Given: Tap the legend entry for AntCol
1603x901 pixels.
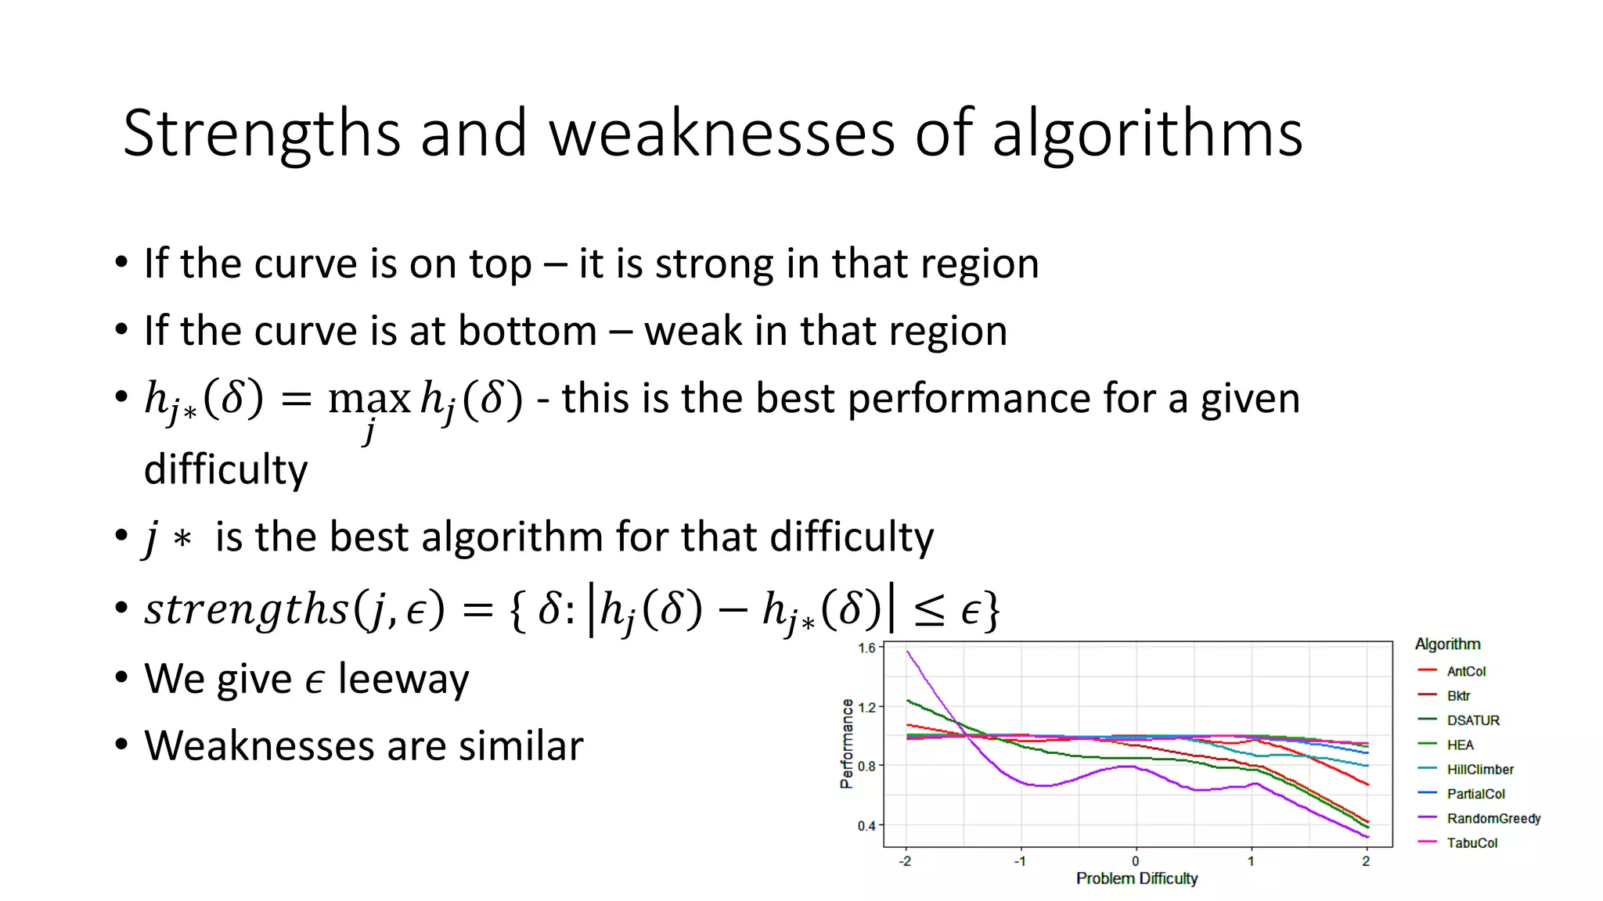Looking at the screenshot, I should click(x=1465, y=671).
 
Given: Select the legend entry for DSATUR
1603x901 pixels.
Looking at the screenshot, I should click(x=1472, y=720).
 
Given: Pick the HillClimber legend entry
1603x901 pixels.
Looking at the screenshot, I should click(x=1479, y=770).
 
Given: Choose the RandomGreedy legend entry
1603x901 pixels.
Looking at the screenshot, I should click(x=1493, y=819).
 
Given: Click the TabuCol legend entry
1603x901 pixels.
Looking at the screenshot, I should click(x=1472, y=843).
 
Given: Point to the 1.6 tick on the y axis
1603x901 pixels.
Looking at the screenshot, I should click(x=866, y=648).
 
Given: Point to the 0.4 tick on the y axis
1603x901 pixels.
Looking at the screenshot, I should click(x=866, y=826).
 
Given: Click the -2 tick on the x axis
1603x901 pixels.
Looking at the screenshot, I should click(x=906, y=862).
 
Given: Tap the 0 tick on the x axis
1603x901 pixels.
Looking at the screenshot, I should click(x=1136, y=862).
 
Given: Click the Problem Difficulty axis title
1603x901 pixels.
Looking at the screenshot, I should click(x=1137, y=879).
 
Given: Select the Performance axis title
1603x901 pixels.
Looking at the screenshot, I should click(x=846, y=744).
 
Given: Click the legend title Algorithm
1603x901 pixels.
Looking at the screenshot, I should click(x=1447, y=644).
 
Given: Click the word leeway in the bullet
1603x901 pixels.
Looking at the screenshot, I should click(x=403, y=679).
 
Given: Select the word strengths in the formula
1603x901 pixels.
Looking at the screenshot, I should click(x=246, y=609).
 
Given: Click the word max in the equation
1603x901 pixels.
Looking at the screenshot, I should click(x=369, y=400).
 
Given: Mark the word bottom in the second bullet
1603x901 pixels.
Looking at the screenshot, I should click(x=528, y=332).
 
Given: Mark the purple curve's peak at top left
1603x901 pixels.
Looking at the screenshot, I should click(x=908, y=652).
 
